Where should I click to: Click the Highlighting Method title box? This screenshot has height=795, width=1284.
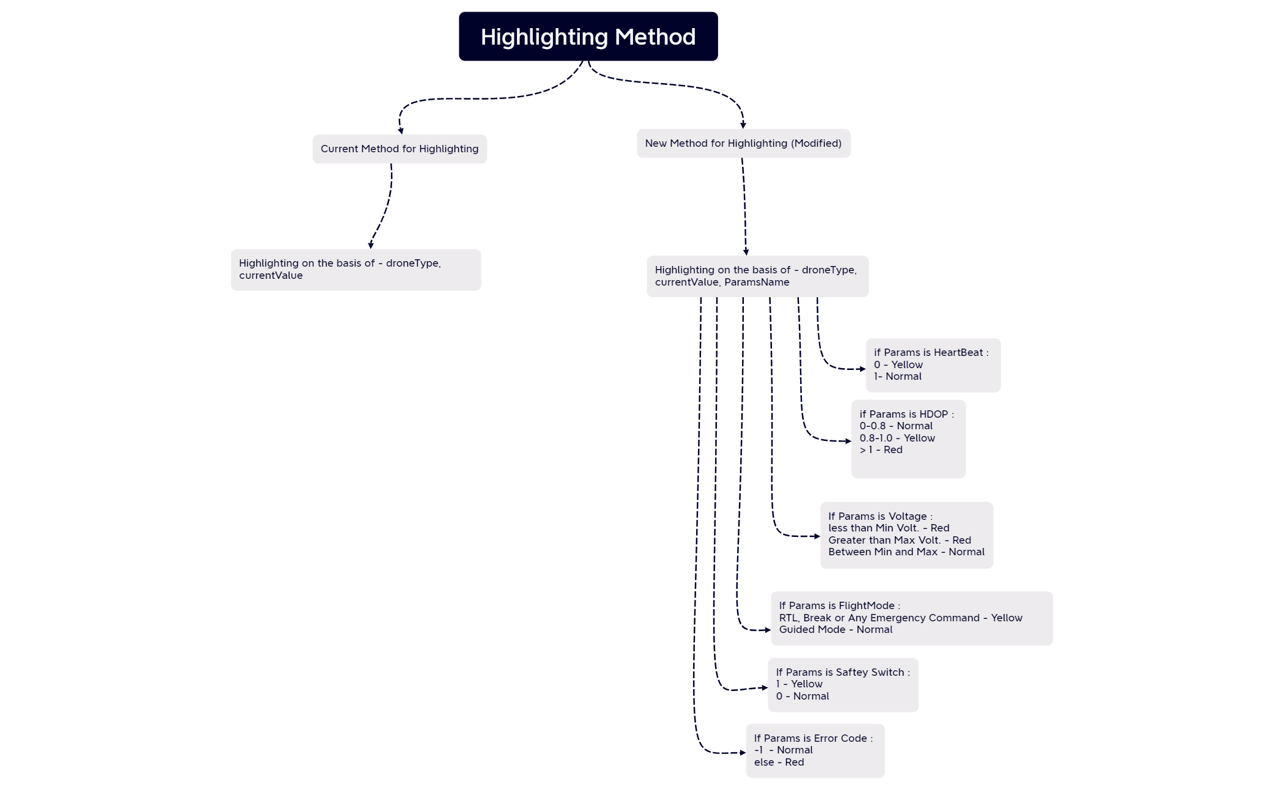tap(588, 37)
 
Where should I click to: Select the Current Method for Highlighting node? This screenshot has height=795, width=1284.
tap(399, 149)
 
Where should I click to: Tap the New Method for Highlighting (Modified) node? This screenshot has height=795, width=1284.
tap(743, 143)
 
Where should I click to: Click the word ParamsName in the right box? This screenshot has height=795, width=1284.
tap(757, 283)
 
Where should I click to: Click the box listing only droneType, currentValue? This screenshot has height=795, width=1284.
tap(355, 270)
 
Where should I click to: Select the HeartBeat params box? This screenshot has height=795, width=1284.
tap(932, 365)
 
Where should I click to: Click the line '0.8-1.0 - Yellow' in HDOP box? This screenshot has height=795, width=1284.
tap(897, 438)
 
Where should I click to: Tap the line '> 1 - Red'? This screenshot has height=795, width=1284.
tap(881, 450)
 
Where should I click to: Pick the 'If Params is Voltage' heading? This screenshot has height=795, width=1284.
tap(880, 516)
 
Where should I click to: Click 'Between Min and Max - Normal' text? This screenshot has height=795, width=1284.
tap(906, 552)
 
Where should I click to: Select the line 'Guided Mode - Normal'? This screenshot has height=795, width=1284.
tap(835, 630)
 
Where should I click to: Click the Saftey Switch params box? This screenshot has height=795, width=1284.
tap(842, 684)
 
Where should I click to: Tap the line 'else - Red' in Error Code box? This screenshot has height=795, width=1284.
tap(779, 763)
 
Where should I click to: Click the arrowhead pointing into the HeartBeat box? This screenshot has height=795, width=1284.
tap(863, 369)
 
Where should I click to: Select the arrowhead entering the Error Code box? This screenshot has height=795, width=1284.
tap(743, 753)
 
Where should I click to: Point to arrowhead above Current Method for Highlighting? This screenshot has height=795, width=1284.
tap(401, 130)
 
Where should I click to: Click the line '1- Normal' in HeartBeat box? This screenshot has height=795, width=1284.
tap(897, 377)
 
